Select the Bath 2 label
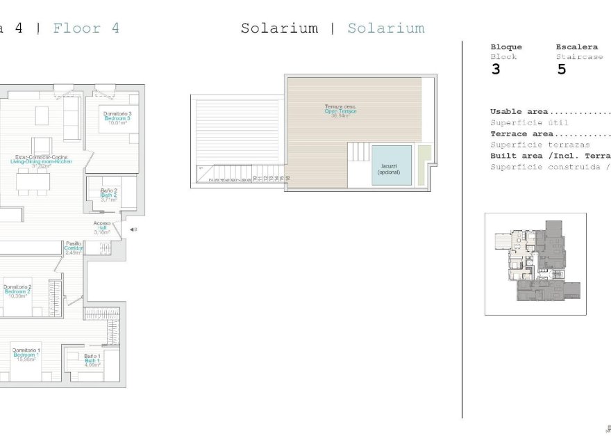(108, 195)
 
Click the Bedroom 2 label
(17, 291)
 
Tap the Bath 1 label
(92, 359)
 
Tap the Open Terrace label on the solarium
(340, 111)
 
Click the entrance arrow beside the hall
(133, 229)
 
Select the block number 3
(495, 70)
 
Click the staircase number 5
(562, 70)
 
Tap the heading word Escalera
(576, 47)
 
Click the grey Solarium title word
(279, 29)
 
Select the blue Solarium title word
(385, 29)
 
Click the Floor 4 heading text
(86, 29)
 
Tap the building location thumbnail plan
(535, 264)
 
